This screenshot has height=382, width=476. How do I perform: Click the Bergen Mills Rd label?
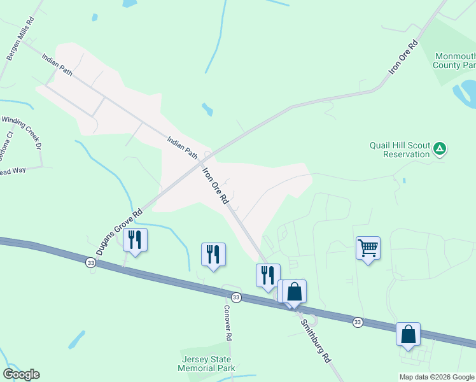[x=20, y=43]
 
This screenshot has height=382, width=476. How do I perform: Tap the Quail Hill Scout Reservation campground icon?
[x=439, y=150]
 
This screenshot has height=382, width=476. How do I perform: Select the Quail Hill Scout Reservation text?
[x=400, y=150]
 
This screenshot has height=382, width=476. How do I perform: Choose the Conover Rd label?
[x=227, y=322]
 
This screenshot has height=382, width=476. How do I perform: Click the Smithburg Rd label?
[x=316, y=340]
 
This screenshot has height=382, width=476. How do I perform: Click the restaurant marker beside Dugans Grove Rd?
[x=135, y=239]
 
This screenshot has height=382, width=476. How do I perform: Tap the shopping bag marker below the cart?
[x=408, y=334]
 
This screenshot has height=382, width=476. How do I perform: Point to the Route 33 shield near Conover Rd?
[x=236, y=297]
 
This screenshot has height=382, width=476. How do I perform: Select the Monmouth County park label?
[x=454, y=60]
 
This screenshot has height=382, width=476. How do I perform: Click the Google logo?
[x=21, y=374]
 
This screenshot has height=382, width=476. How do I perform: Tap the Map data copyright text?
[x=437, y=377]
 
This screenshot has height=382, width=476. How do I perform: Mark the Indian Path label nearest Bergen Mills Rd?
[x=57, y=65]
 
